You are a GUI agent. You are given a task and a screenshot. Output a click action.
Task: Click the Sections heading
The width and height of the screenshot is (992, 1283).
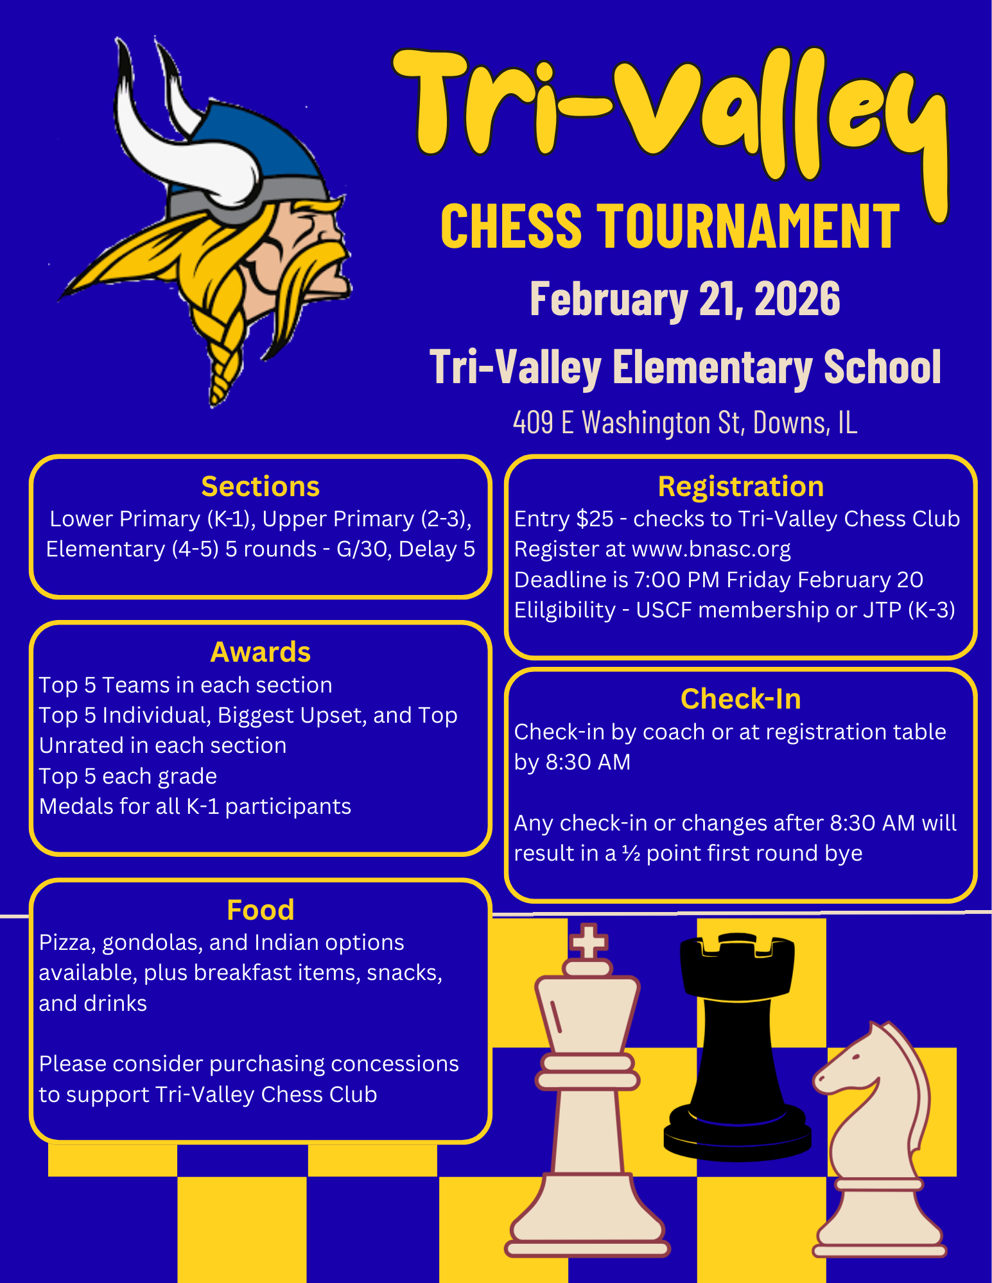[x=260, y=487]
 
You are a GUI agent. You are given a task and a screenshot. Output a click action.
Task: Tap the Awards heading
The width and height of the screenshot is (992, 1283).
[x=260, y=652]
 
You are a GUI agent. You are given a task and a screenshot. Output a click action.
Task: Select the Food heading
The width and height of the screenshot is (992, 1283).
[x=260, y=909]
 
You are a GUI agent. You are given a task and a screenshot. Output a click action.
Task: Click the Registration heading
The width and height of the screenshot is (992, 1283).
[x=740, y=487]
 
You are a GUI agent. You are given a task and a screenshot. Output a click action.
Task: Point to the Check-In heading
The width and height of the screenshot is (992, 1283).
[x=740, y=699]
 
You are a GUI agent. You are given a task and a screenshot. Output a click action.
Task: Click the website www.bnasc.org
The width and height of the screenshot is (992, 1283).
[x=711, y=549]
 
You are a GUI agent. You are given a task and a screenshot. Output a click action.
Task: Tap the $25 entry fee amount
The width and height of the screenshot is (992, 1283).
[x=595, y=519]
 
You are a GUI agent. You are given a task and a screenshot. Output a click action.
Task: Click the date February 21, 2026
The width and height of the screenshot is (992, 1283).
[x=684, y=299]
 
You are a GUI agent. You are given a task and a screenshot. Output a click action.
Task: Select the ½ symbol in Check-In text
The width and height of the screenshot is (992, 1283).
[x=631, y=854]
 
